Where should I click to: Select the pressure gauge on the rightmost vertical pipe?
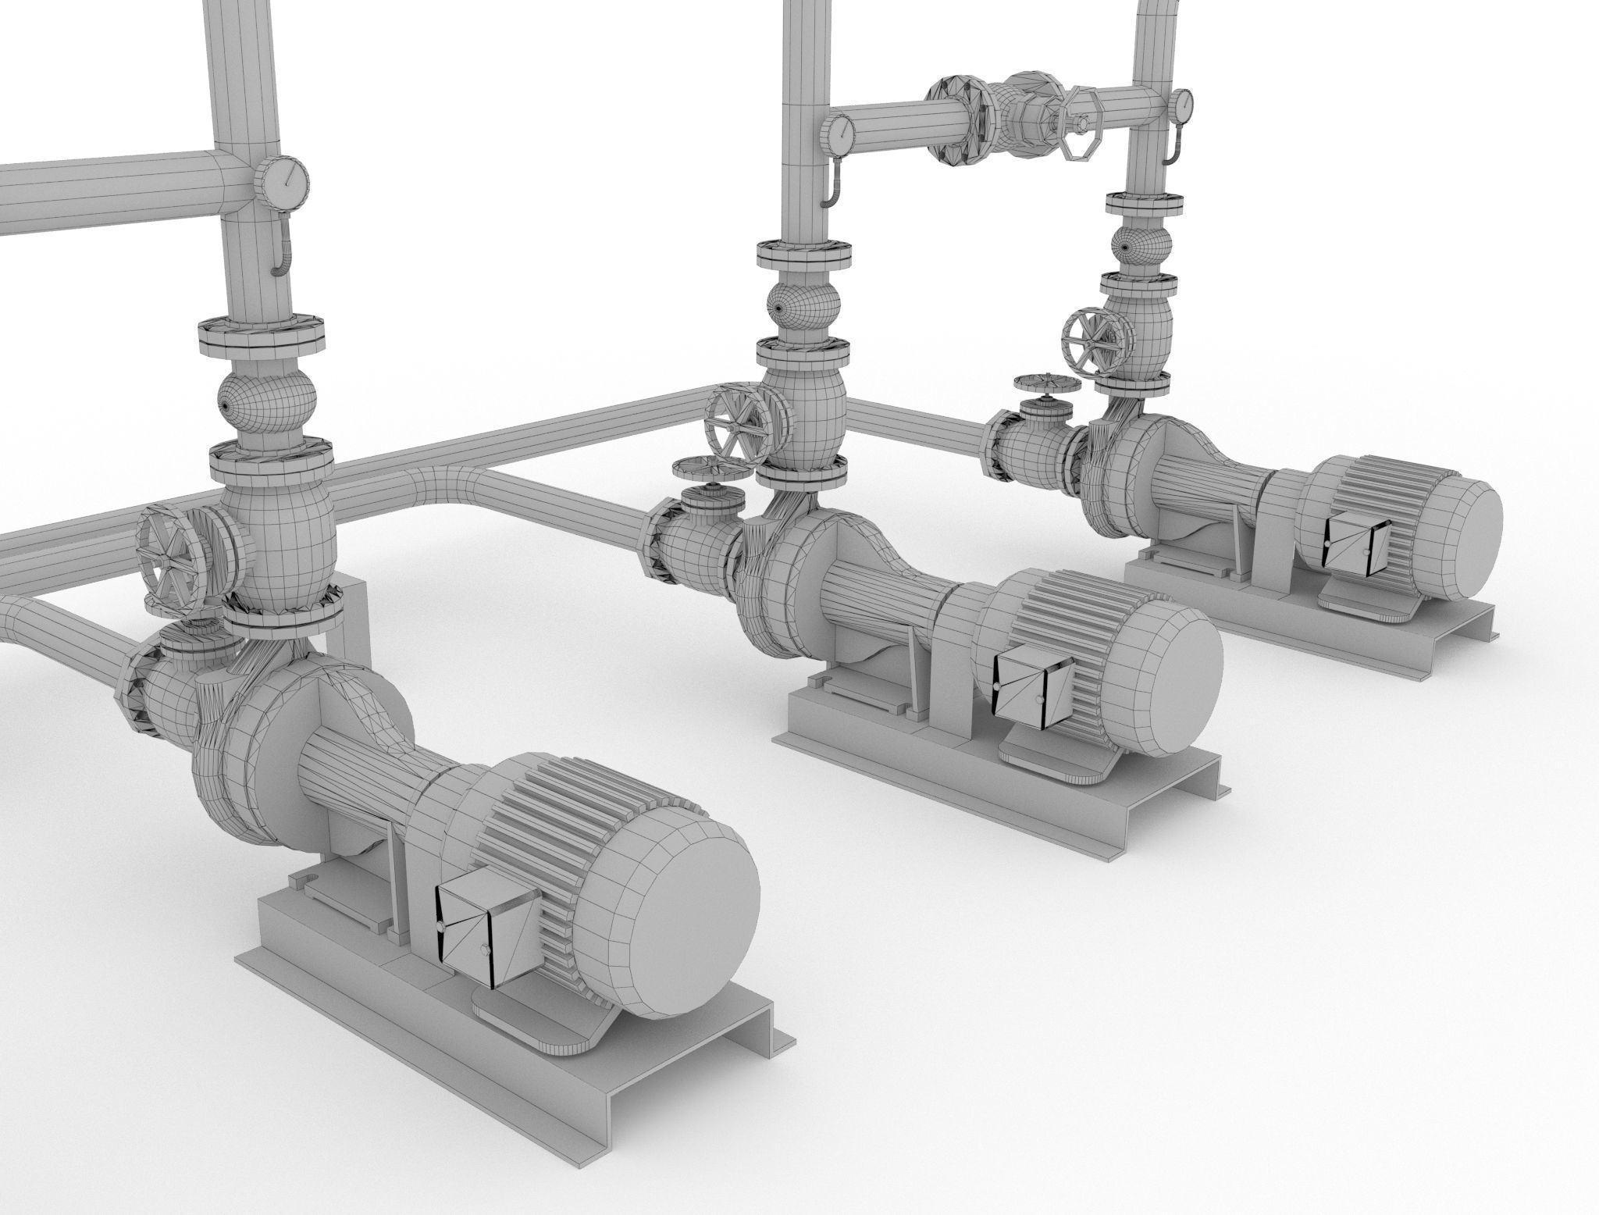pos(1181,105)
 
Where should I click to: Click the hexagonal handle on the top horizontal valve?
pos(1082,125)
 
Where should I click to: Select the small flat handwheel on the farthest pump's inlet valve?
pos(1046,384)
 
